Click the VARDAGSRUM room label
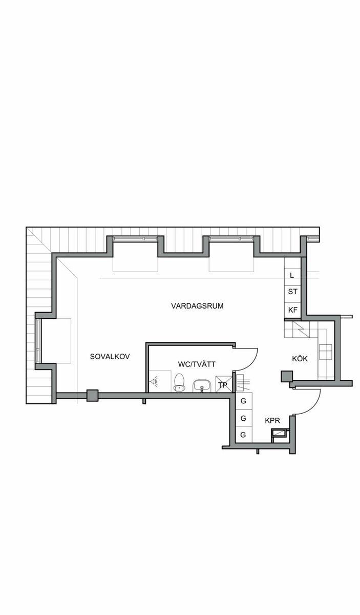pos(197,306)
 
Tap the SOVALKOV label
pos(110,356)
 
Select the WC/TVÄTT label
pos(197,364)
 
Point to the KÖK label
pos(300,358)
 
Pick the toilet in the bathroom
pos(180,382)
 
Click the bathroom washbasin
pos(202,386)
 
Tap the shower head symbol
pos(155,381)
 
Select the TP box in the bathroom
pos(224,384)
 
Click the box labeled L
pos(292,276)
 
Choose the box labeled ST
pos(292,292)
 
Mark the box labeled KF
pos(292,310)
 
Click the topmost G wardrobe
pos(244,401)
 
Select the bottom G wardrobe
pos(244,435)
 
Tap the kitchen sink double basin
pos(325,352)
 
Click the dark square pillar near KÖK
pos(287,376)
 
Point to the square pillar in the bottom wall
pos(93,396)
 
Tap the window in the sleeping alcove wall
pos(38,341)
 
